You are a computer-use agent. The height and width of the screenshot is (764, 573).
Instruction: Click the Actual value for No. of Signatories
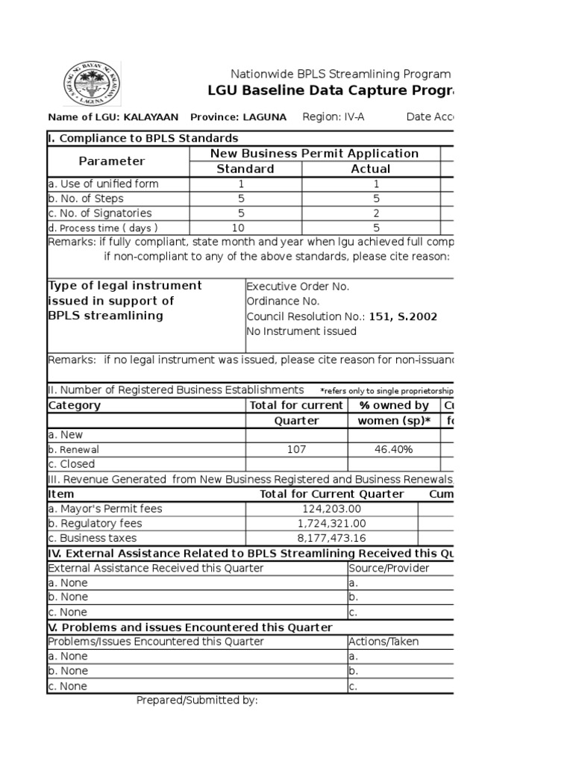tap(376, 213)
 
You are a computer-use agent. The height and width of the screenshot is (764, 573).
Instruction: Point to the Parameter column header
tap(112, 161)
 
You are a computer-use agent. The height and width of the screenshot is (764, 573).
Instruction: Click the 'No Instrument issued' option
tap(301, 331)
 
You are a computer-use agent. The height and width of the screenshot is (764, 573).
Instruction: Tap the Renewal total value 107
tap(297, 449)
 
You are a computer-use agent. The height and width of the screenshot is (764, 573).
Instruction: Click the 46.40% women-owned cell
tap(394, 449)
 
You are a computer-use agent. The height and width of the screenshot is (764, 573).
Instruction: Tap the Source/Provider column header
tap(389, 568)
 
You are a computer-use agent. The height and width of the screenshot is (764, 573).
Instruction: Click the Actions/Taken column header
tap(383, 642)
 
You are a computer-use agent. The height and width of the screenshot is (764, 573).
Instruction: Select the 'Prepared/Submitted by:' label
tap(197, 701)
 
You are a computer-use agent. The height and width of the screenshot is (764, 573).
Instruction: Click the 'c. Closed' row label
tap(72, 464)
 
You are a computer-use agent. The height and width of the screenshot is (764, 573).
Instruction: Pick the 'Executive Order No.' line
tap(298, 286)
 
